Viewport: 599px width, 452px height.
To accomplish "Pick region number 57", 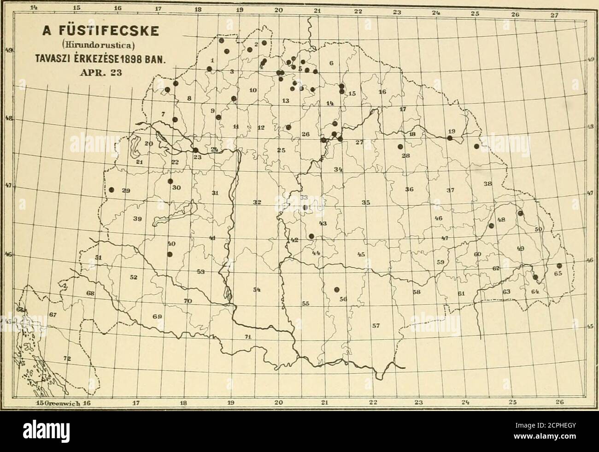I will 376,326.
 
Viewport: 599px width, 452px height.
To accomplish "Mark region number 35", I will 366,202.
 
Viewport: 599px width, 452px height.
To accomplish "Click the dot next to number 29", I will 112,190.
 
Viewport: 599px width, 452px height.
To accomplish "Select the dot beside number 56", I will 336,289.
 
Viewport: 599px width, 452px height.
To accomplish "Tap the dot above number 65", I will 559,266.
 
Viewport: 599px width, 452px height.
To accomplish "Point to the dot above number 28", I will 399,147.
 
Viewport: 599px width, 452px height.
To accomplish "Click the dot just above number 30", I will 170,181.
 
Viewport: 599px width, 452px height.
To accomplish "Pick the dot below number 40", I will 170,254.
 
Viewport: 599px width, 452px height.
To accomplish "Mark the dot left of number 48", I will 491,226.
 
